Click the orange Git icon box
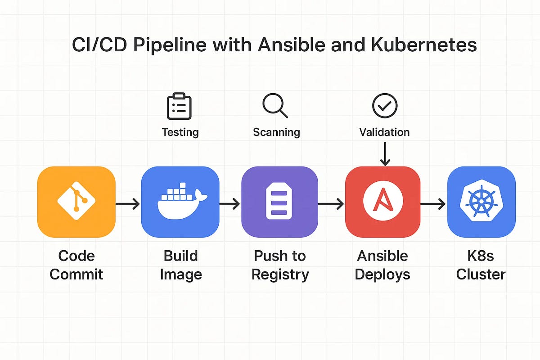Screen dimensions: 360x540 click(76, 202)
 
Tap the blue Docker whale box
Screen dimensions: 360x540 click(180, 202)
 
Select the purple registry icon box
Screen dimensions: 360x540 click(279, 202)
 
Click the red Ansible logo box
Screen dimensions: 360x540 click(382, 202)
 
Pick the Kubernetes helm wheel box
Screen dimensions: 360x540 click(481, 202)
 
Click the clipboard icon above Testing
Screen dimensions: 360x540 click(179, 106)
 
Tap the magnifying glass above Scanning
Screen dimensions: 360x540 click(275, 106)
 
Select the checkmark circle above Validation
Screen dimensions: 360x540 click(385, 106)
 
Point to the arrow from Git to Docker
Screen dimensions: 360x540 click(128, 205)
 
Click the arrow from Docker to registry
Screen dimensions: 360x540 click(229, 205)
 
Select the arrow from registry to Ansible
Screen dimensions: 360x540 click(331, 205)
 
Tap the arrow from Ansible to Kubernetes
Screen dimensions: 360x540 click(433, 205)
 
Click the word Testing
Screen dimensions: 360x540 click(180, 132)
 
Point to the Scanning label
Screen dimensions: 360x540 click(276, 132)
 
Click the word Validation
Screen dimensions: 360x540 click(384, 132)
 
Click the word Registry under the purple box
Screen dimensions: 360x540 click(280, 274)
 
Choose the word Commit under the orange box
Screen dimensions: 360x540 click(76, 274)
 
